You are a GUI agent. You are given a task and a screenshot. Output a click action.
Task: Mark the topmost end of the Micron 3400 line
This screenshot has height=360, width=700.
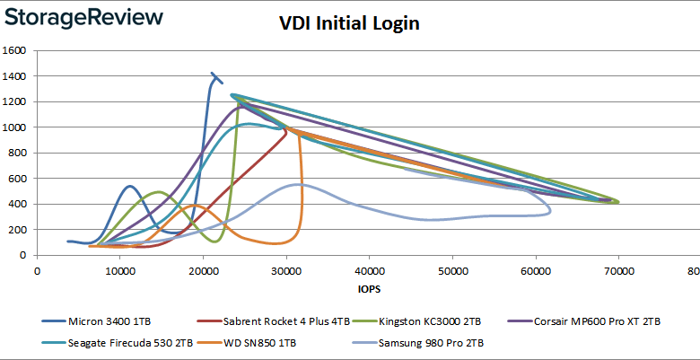(212, 74)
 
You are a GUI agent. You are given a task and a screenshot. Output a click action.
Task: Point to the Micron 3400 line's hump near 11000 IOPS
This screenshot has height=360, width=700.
(130, 187)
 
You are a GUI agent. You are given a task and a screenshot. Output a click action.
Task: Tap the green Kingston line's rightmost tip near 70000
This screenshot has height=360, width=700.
(618, 202)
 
